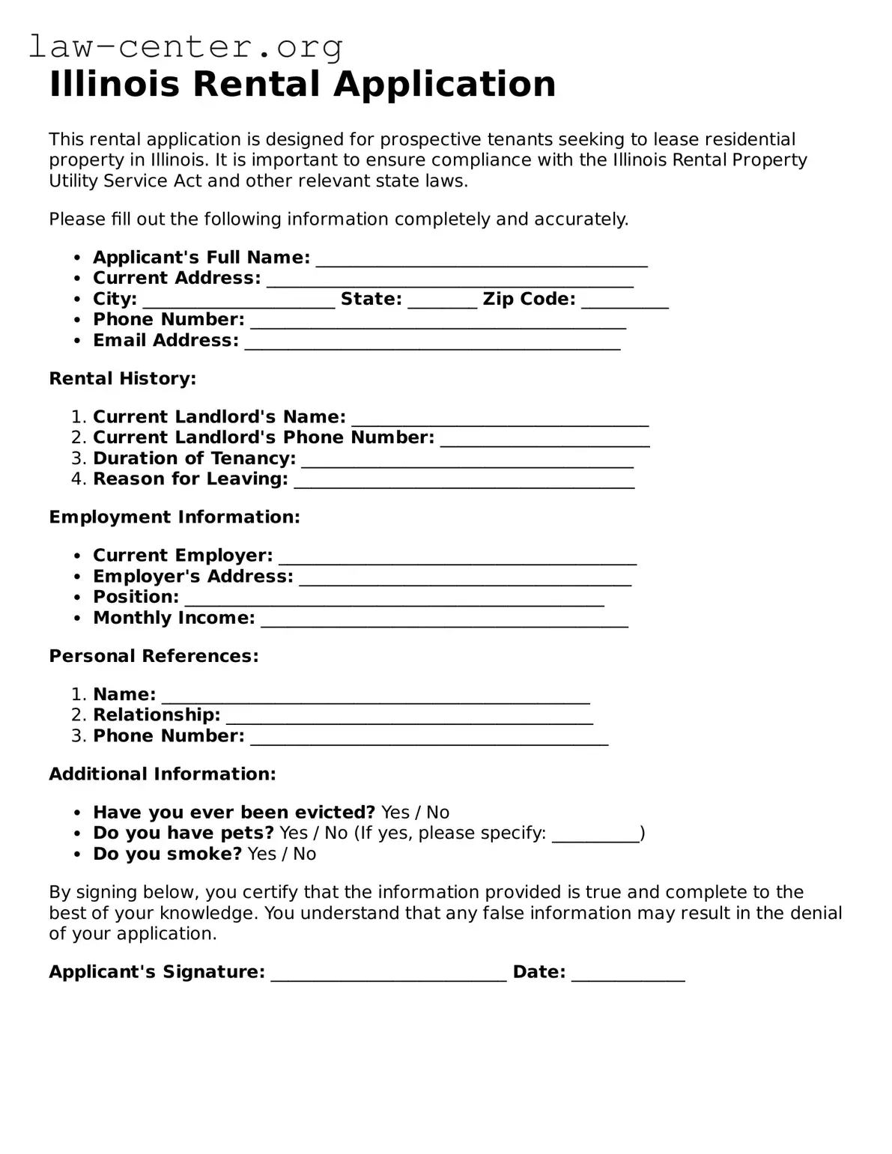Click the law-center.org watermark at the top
point(186,46)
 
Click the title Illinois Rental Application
point(302,84)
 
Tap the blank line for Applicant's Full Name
point(482,259)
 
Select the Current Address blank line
point(449,280)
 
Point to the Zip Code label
point(529,300)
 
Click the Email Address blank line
point(432,343)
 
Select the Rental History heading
point(122,379)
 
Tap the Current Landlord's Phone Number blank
point(544,440)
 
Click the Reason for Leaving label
point(190,479)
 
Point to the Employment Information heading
point(174,517)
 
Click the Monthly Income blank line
point(444,620)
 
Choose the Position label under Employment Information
point(136,598)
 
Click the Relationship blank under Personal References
point(409,717)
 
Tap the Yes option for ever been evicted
point(395,813)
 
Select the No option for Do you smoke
point(304,854)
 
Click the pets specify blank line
point(595,836)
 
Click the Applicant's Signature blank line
point(388,974)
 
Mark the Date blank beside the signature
point(628,974)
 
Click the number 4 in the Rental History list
point(77,479)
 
